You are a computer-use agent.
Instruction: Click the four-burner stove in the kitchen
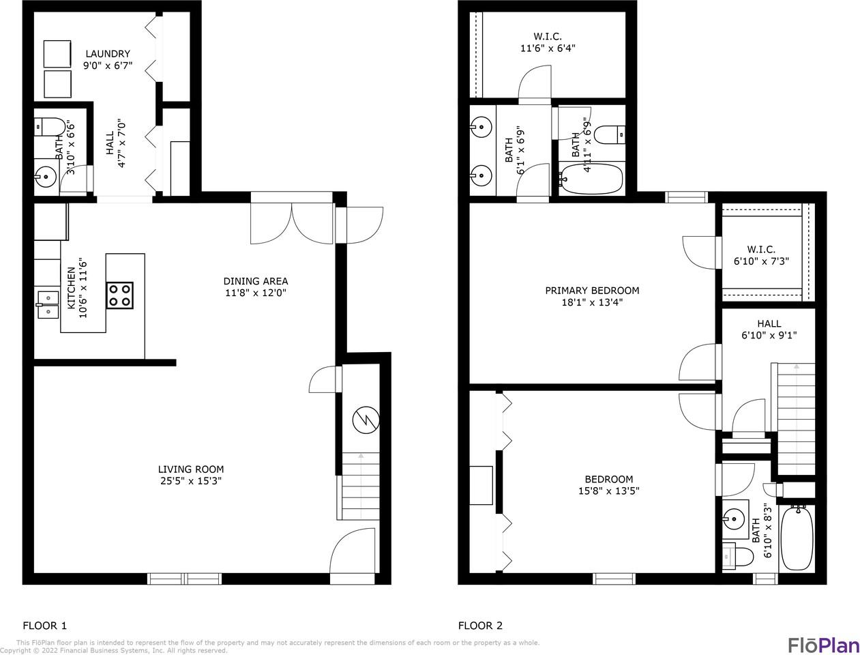click(119, 295)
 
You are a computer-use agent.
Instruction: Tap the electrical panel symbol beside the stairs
click(366, 420)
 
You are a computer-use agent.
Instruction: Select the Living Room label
click(191, 469)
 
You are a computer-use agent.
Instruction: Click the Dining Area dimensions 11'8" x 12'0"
click(256, 293)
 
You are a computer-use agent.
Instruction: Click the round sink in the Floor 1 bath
click(46, 177)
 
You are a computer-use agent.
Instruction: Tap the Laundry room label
click(108, 54)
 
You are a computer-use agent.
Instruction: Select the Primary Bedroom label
click(593, 291)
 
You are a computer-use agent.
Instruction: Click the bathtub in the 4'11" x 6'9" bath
click(591, 179)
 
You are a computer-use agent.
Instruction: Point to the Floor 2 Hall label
click(769, 323)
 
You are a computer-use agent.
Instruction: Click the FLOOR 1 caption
click(44, 625)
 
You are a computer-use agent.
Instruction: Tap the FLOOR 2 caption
click(480, 625)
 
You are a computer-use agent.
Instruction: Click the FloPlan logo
click(824, 645)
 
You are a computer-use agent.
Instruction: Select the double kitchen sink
click(48, 304)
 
